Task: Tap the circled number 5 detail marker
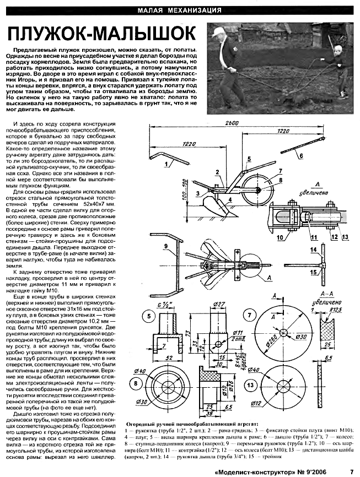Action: [x=135, y=317]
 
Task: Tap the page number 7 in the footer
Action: [x=351, y=471]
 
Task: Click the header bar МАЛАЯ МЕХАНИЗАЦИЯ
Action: [x=179, y=10]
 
